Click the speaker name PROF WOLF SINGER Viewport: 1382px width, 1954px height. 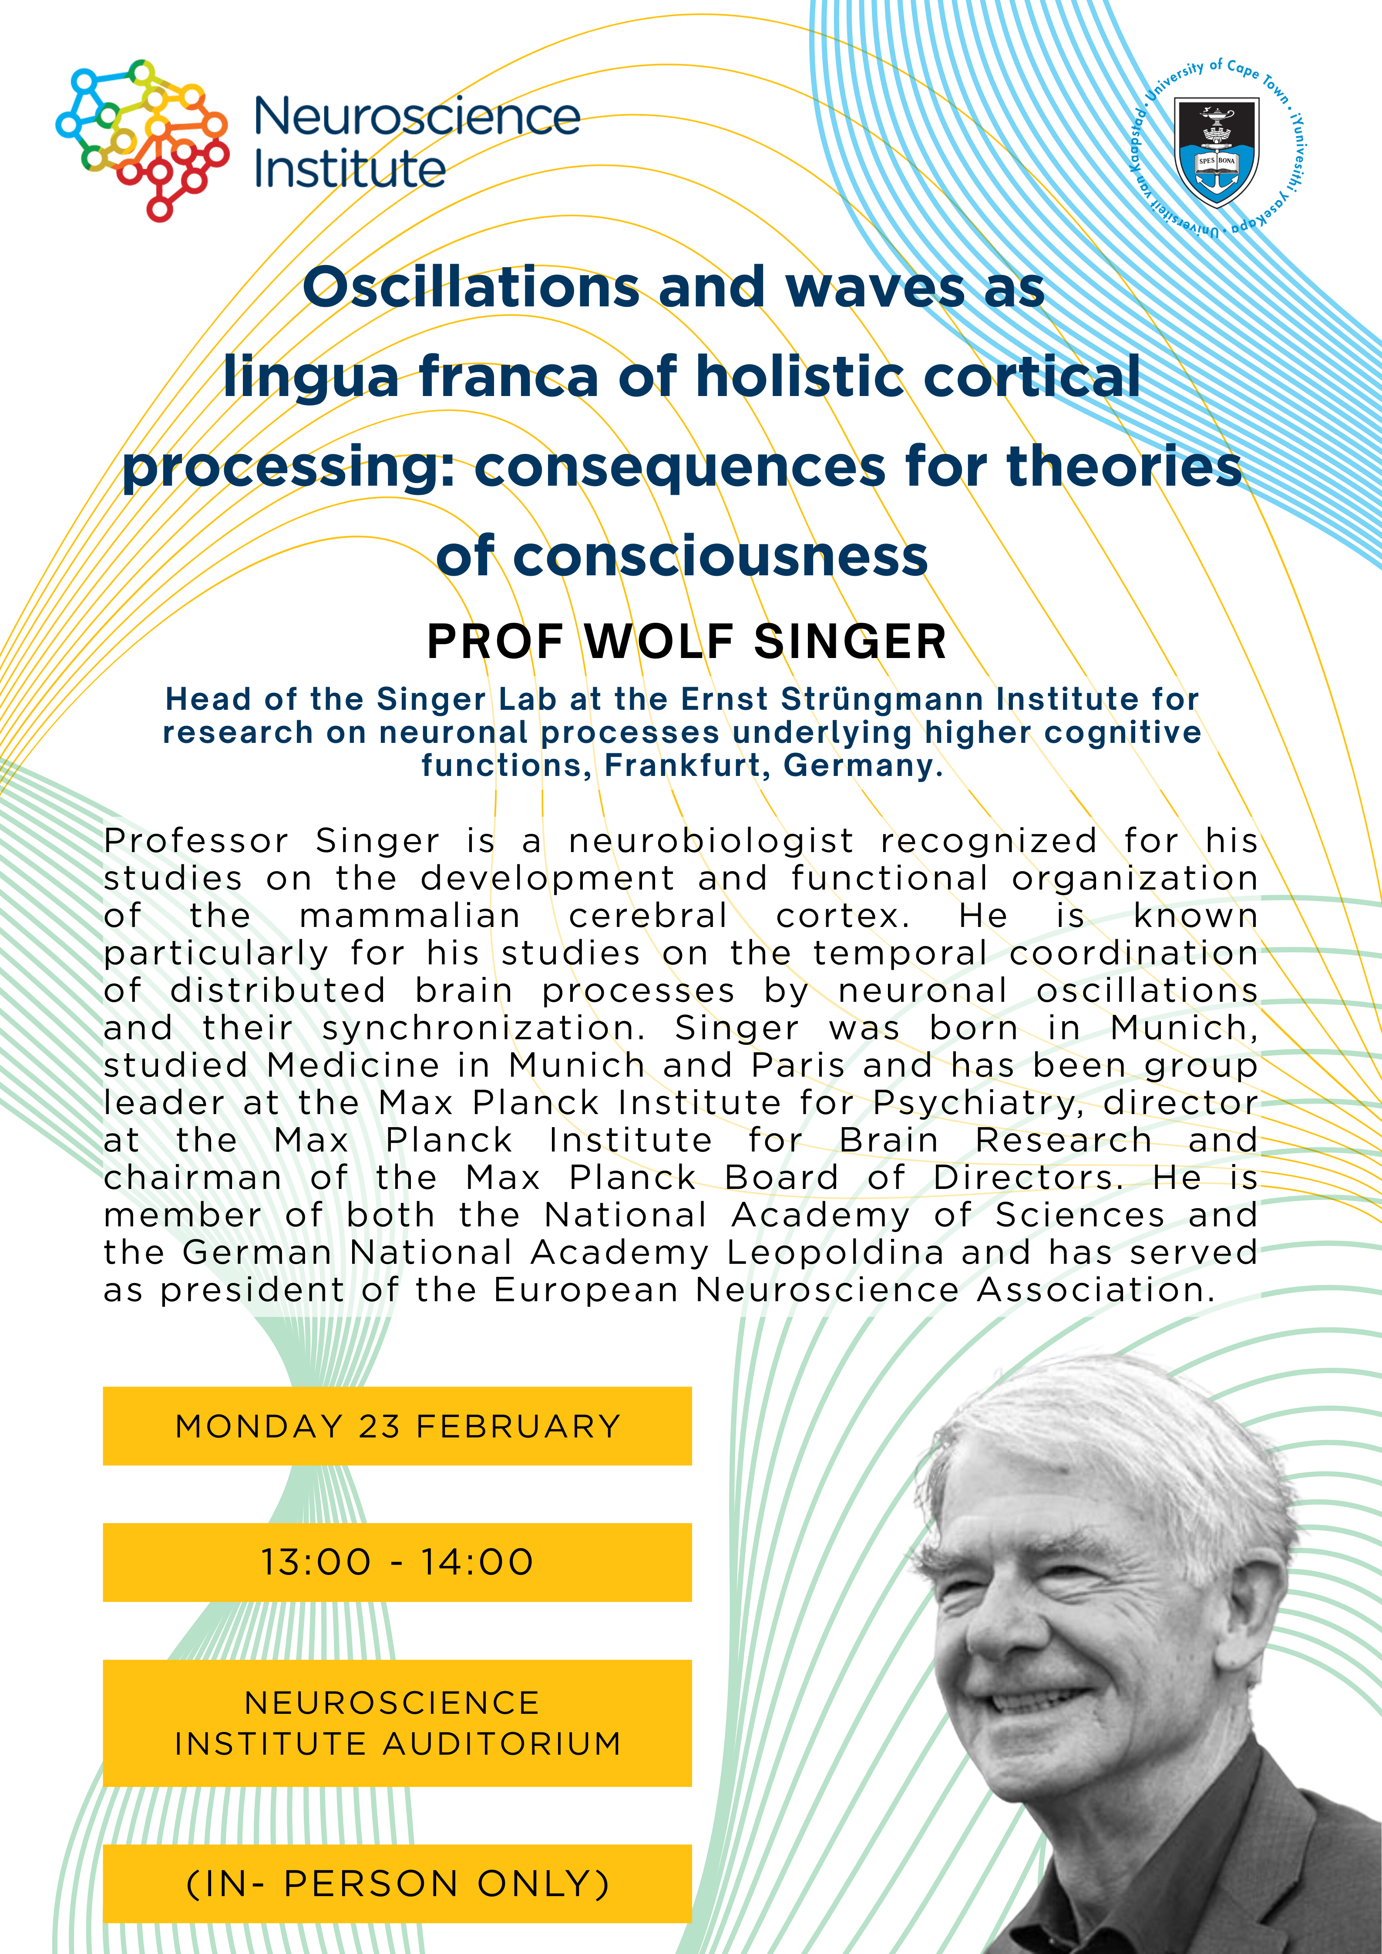686,642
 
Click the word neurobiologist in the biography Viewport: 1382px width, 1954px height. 710,841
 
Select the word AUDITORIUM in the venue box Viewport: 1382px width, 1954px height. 502,1744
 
